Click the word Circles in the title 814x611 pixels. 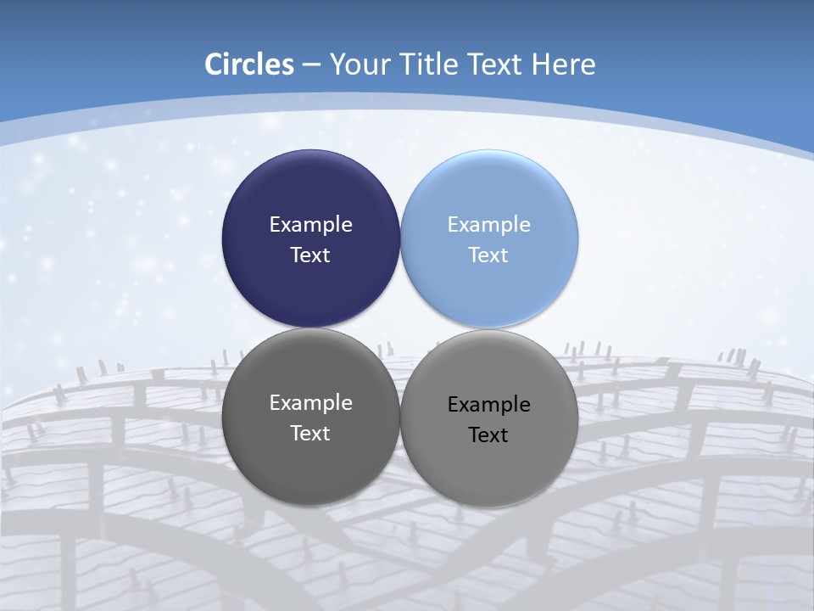249,64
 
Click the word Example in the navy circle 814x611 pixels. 310,225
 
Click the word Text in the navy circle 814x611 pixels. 310,255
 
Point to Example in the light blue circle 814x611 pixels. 489,225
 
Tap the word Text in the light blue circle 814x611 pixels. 489,255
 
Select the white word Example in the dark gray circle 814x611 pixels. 310,403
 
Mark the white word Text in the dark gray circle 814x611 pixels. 310,434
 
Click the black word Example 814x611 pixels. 489,405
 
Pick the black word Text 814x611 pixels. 489,435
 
